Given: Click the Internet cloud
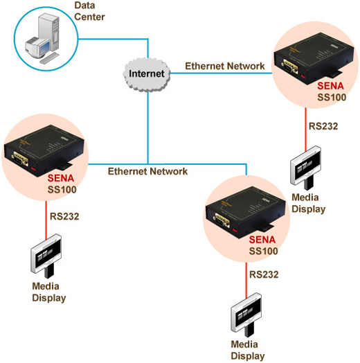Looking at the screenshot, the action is [147, 74].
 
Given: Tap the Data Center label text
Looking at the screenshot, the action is [89, 11].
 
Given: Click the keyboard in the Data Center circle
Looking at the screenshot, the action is [49, 57].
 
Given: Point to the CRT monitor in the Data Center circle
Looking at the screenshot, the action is [37, 48].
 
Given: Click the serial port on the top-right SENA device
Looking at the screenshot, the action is [290, 67].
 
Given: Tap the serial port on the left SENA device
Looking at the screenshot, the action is [21, 159].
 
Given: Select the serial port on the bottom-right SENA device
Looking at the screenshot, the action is [222, 220].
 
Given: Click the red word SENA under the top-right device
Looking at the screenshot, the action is [330, 86].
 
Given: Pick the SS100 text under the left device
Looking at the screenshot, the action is [62, 190].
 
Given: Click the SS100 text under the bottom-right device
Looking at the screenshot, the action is [264, 251].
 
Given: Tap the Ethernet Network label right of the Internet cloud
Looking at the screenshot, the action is [225, 67].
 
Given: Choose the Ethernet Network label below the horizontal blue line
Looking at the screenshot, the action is [148, 171].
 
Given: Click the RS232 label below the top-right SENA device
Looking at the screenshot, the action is [323, 126].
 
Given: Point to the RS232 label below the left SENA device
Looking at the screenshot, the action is [64, 216].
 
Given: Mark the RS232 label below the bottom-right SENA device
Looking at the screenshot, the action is [264, 274].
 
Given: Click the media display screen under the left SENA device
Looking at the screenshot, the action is [46, 254].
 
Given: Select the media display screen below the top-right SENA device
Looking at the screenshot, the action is [305, 165].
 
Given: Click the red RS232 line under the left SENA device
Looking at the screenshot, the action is [46, 220].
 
